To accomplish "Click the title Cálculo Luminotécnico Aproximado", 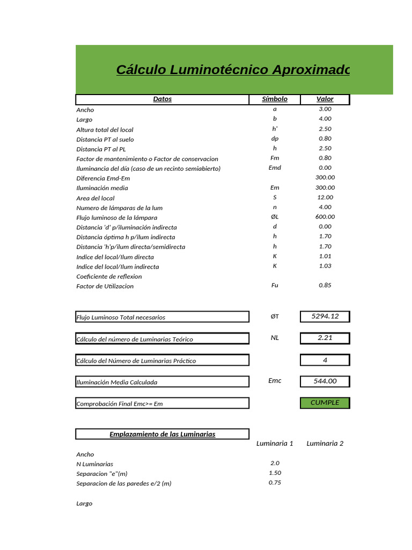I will pyautogui.click(x=233, y=70).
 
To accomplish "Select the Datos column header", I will pyautogui.click(x=163, y=99).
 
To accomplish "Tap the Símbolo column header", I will pyautogui.click(x=275, y=99).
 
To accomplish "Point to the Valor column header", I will pyautogui.click(x=325, y=99).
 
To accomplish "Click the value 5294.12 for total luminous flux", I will pyautogui.click(x=325, y=316).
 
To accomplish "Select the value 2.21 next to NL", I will pyautogui.click(x=325, y=338).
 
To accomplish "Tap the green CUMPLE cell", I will pyautogui.click(x=325, y=403).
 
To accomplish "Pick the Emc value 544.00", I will pyautogui.click(x=325, y=381).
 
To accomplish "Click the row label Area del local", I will pyautogui.click(x=95, y=198).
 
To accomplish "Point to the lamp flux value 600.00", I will pyautogui.click(x=325, y=217).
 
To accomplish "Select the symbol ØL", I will pyautogui.click(x=275, y=217).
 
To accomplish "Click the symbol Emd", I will pyautogui.click(x=275, y=168).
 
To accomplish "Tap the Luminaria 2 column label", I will pyautogui.click(x=325, y=444).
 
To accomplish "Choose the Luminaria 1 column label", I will pyautogui.click(x=275, y=444).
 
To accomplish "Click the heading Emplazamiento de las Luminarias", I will pyautogui.click(x=163, y=434).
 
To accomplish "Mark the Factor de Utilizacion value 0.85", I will pyautogui.click(x=325, y=286).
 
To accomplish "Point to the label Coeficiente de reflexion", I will pyautogui.click(x=109, y=277).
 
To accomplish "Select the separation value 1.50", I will pyautogui.click(x=275, y=473).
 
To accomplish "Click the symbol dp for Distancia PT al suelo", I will pyautogui.click(x=275, y=139).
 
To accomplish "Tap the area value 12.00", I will pyautogui.click(x=325, y=198).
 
